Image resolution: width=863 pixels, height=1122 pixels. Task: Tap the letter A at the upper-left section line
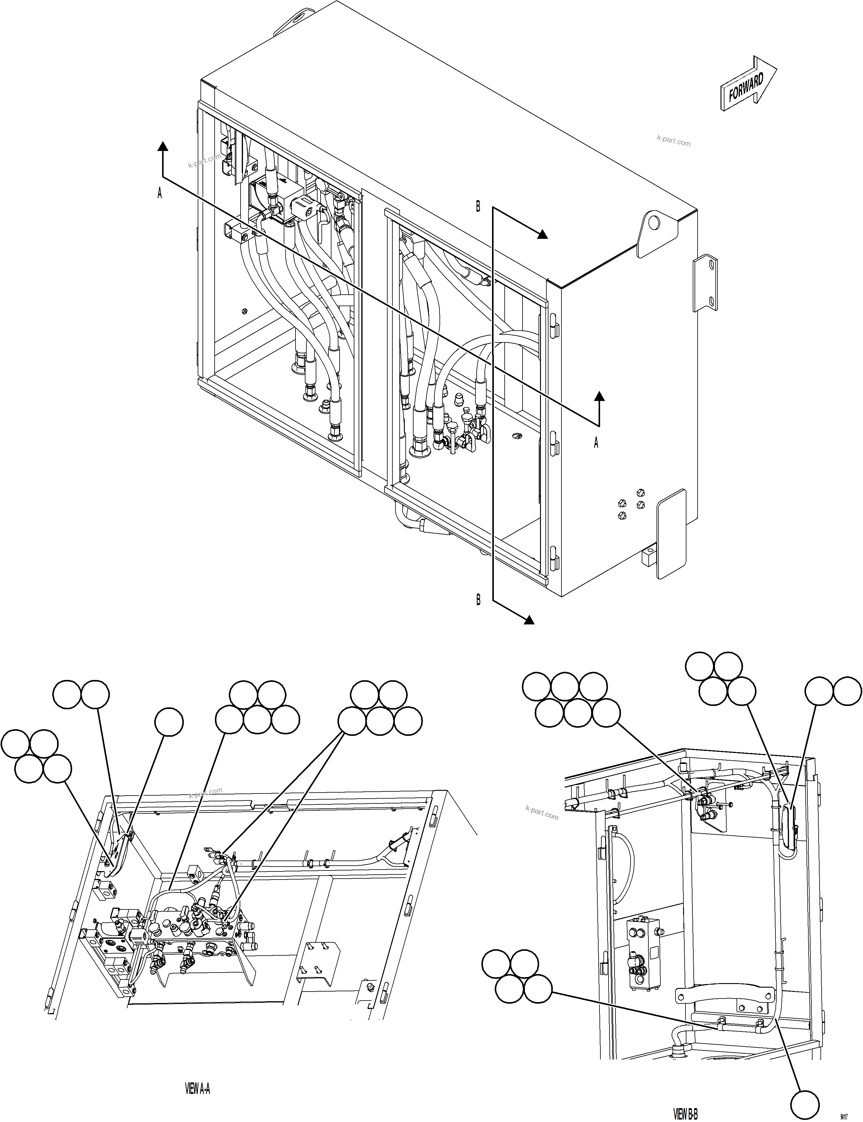click(x=160, y=193)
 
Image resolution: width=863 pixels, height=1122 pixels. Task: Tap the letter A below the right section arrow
click(x=596, y=443)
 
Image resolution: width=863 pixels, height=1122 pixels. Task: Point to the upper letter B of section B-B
click(x=478, y=207)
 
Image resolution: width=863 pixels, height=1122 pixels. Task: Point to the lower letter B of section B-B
click(x=478, y=600)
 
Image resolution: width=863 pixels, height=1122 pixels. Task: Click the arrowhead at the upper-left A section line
click(x=163, y=147)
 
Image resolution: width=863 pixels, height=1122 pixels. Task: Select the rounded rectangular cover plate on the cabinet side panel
click(x=672, y=533)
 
